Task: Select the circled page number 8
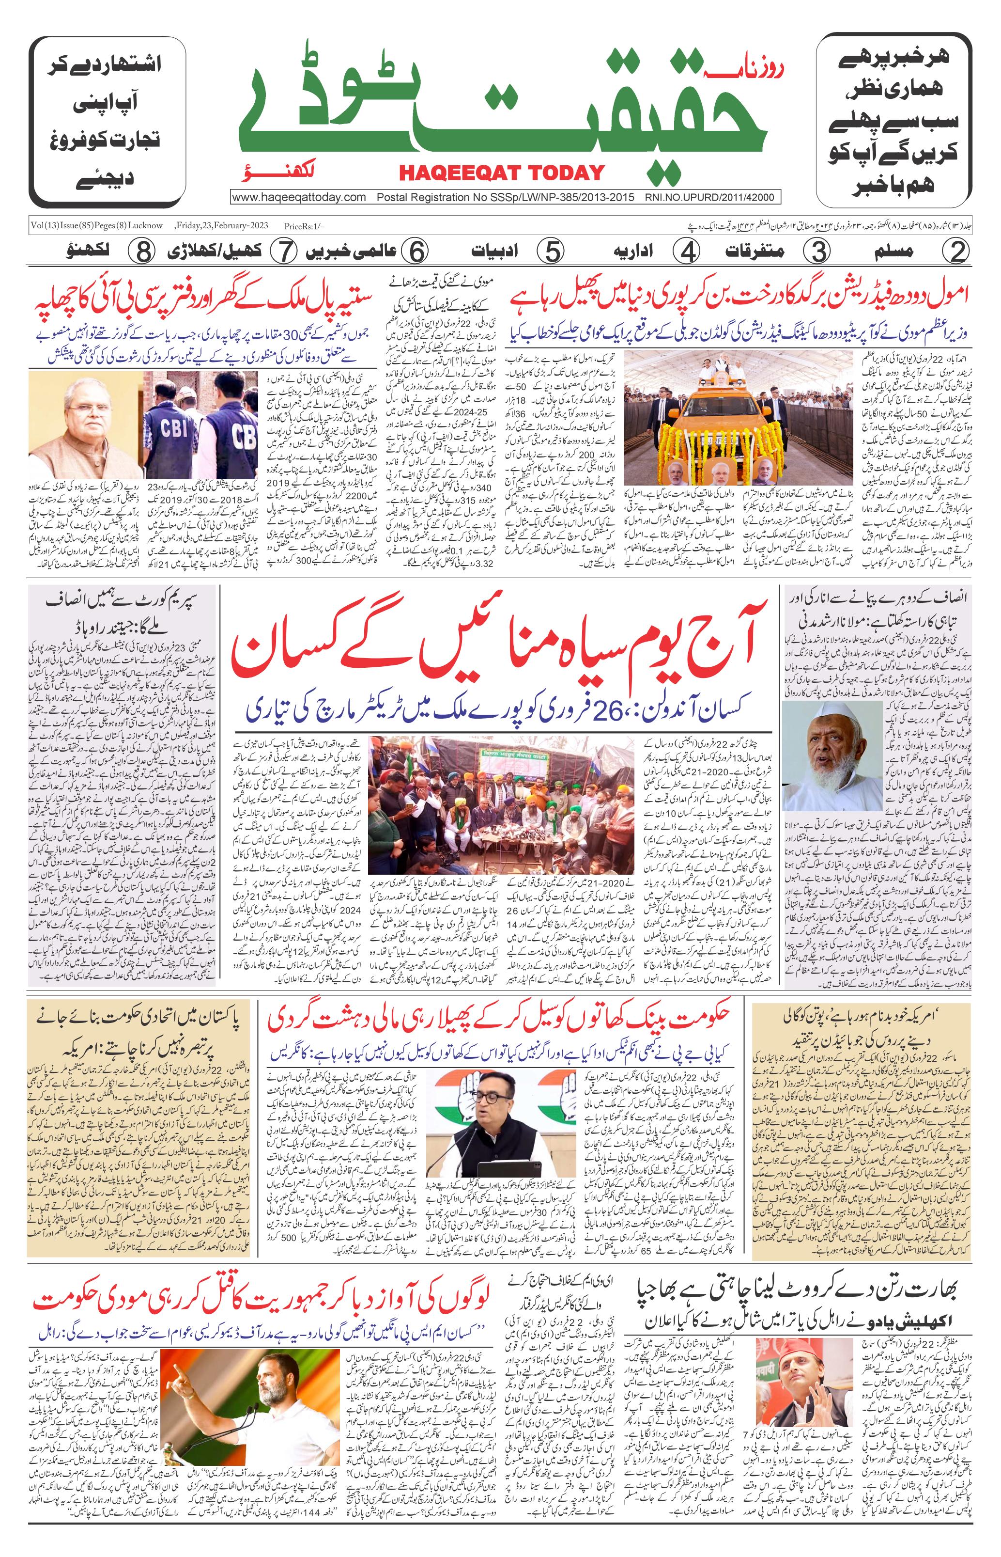(141, 252)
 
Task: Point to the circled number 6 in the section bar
(416, 252)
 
